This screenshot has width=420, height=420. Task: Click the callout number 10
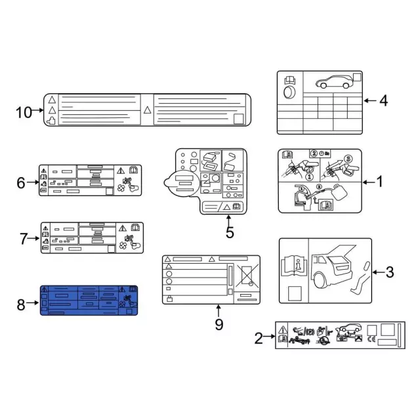24,112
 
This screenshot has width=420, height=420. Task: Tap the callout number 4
383,101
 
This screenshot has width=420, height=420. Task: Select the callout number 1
380,182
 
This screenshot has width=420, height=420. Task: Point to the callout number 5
230,232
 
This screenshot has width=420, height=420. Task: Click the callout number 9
219,324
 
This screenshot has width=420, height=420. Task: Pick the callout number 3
390,272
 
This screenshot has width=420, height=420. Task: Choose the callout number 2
259,339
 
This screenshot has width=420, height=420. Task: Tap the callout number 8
21,304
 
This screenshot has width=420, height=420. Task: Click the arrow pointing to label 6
33,182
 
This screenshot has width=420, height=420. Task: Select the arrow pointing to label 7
33,238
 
